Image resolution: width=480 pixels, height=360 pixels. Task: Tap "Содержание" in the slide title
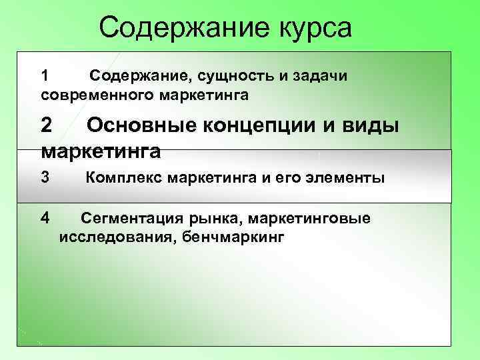[x=181, y=28]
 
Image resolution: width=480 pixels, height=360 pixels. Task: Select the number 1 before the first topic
[x=45, y=75]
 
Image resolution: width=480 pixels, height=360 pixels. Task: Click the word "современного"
[x=97, y=95]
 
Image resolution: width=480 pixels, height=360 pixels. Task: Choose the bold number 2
[x=47, y=125]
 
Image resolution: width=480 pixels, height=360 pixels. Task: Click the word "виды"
[x=368, y=125]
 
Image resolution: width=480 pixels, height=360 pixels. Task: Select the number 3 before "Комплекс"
[x=45, y=177]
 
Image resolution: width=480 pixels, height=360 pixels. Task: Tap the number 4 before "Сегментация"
[x=45, y=217]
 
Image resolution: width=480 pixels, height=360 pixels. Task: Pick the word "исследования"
[x=114, y=236]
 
